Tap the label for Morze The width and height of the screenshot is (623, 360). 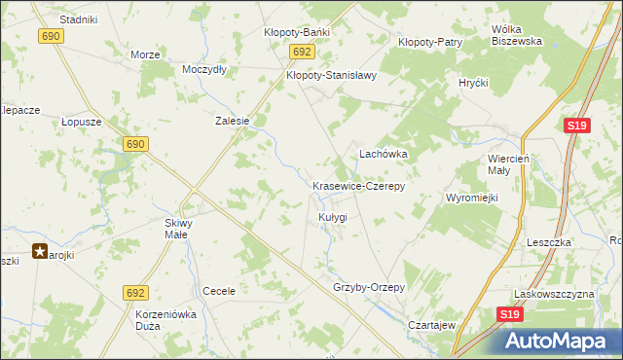[145, 54]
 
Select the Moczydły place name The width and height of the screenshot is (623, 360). [204, 70]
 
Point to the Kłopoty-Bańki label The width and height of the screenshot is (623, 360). [297, 32]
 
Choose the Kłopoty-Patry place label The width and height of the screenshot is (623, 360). [430, 43]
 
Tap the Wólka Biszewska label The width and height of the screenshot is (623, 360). [517, 35]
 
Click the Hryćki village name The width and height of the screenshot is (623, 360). [473, 84]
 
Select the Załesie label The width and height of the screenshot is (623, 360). [233, 122]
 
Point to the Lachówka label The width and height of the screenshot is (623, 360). [384, 154]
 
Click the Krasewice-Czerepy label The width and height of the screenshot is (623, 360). [358, 185]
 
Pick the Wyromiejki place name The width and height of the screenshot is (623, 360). [472, 198]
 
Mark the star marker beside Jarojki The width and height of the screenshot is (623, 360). [40, 251]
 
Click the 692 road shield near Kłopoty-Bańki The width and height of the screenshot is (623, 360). [302, 53]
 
